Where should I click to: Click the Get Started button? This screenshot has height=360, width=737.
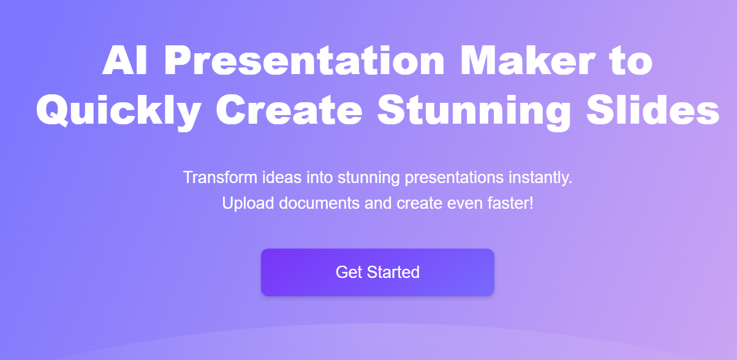[377, 272]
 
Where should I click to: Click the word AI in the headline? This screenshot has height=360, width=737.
[125, 60]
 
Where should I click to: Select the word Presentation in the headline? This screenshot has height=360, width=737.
[304, 60]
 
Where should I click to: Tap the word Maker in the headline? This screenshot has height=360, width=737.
[527, 60]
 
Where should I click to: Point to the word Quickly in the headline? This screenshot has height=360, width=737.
[118, 111]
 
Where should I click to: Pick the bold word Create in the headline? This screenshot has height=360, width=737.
[289, 110]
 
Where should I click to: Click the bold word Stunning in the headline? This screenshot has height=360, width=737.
[474, 111]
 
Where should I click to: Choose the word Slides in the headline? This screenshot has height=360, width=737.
[653, 110]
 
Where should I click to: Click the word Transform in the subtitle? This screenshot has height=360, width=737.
[220, 178]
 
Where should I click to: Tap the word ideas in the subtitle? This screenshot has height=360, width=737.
[282, 178]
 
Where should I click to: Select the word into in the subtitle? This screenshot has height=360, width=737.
[319, 178]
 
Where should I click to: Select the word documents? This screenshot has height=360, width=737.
[319, 203]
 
